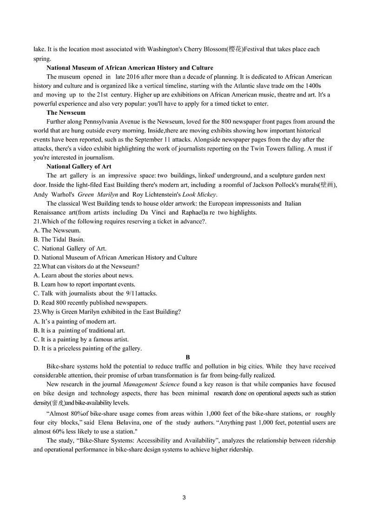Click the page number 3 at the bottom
pos(184,498)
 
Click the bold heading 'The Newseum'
pos(66,113)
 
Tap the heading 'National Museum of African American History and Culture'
pos(130,68)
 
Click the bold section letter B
pos(188,357)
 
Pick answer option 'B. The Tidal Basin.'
pos(59,240)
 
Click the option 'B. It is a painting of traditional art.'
pos(79,330)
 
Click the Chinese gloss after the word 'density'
pos(58,403)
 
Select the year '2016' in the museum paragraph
pos(135,77)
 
